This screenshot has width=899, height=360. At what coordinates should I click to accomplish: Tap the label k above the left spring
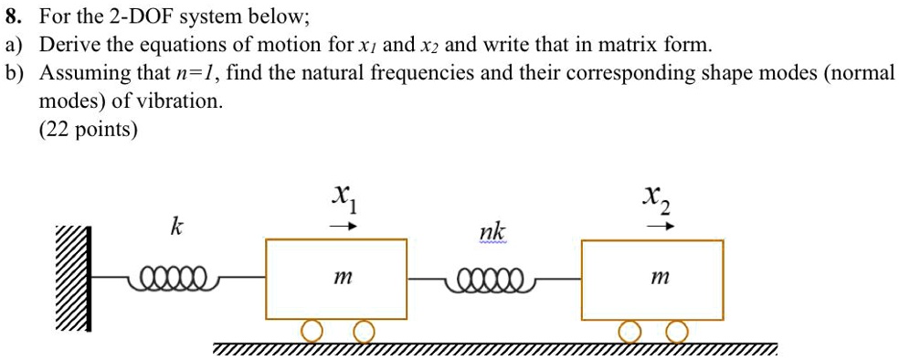point(175,228)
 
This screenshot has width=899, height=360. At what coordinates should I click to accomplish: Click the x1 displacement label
point(343,196)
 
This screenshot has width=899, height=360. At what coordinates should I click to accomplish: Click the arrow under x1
point(341,226)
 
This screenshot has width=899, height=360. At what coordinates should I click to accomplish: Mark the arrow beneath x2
point(659,226)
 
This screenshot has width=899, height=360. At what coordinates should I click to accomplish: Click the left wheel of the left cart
point(312,330)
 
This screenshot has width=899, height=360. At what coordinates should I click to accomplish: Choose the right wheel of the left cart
point(363,330)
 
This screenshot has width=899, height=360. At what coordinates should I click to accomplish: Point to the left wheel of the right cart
point(628,330)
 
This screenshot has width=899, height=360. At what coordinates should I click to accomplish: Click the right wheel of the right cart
point(677,330)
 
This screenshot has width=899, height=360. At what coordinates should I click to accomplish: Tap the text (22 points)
point(89,130)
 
